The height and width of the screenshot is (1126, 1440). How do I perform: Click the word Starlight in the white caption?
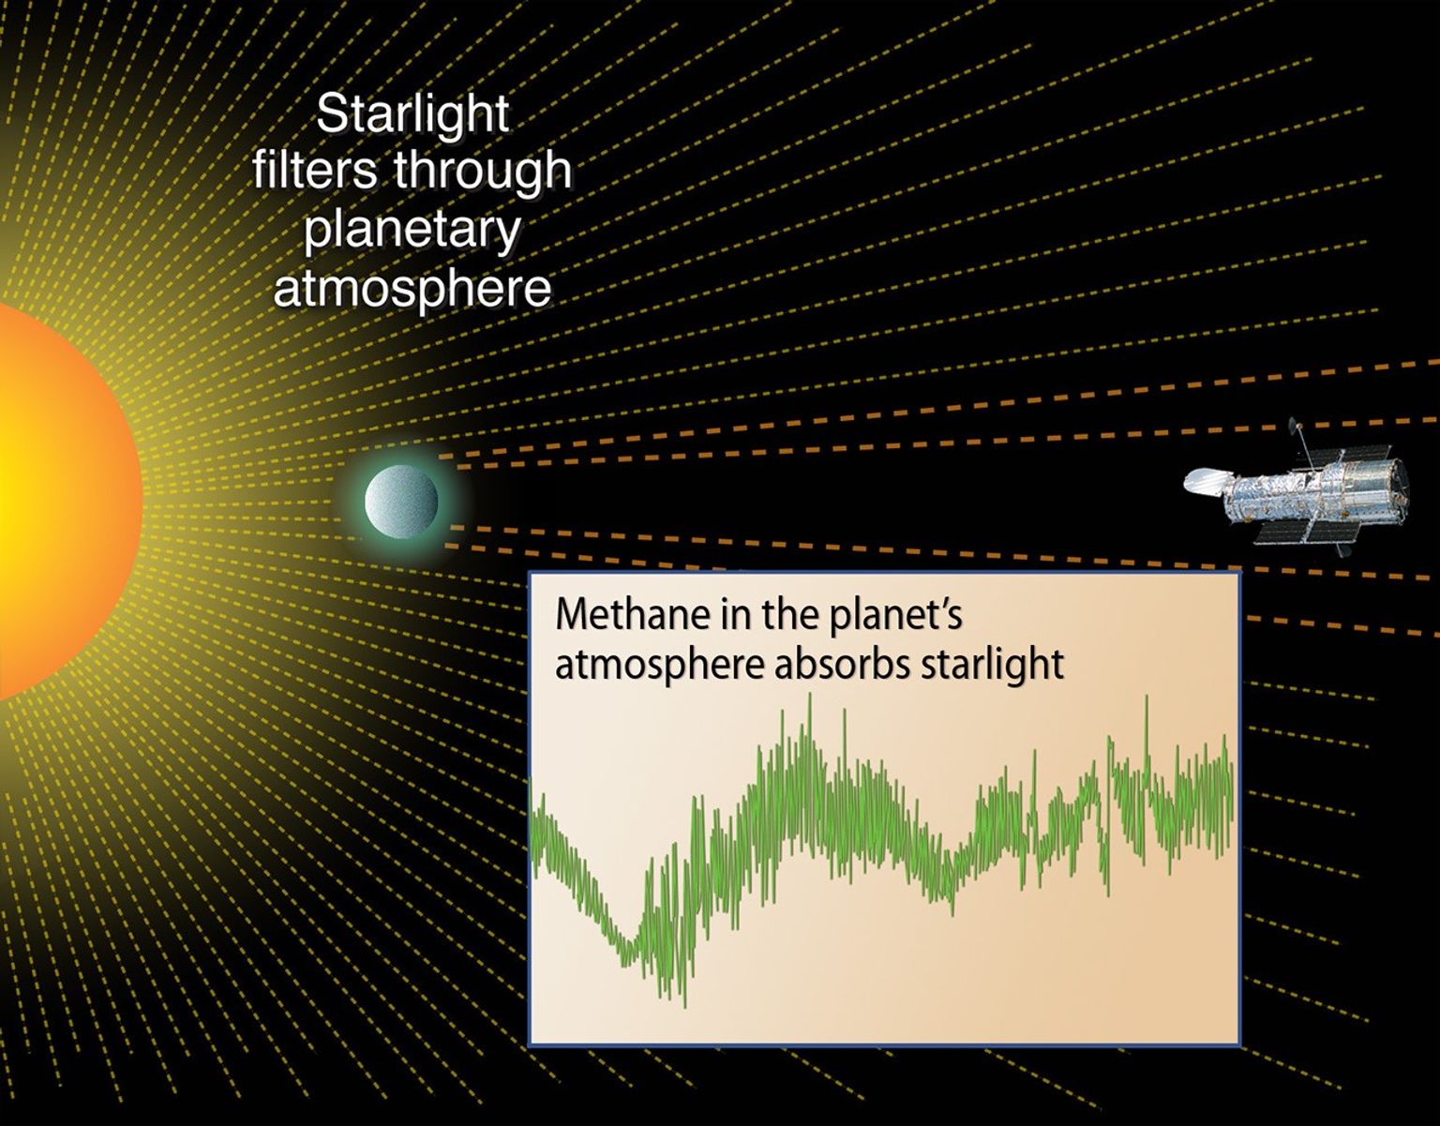coord(412,115)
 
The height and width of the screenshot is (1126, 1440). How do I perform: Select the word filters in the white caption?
coord(315,172)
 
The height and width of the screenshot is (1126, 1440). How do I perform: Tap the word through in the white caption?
coord(482,172)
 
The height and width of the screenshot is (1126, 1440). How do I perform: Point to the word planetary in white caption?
coord(412,230)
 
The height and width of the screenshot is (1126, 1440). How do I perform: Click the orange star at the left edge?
coord(56,502)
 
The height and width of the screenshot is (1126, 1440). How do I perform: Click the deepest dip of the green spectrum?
coord(683,1003)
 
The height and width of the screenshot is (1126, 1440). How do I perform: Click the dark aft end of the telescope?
coord(1397,483)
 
